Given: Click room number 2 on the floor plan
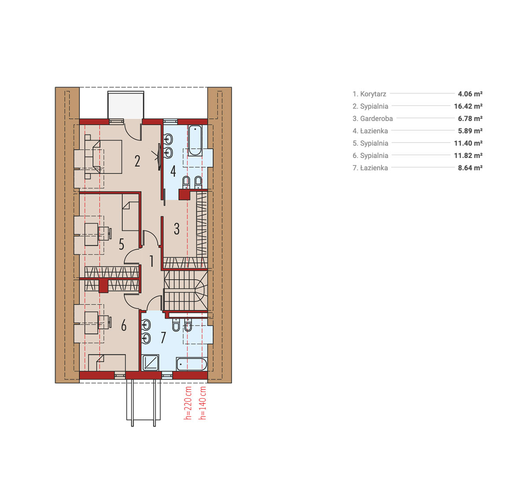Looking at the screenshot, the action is (x=137, y=161).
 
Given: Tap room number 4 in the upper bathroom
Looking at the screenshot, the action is (x=173, y=171).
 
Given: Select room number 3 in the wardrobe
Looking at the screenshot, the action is (x=176, y=229).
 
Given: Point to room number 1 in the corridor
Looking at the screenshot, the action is (x=152, y=261).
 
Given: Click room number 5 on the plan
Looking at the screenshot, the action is (x=121, y=244).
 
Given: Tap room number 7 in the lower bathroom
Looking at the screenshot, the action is (x=163, y=337).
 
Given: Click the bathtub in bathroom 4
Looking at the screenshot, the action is (x=195, y=141).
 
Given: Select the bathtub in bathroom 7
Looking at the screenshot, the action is (x=191, y=364).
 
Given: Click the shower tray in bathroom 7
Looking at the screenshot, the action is (x=150, y=363).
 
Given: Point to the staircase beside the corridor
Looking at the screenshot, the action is (x=186, y=290).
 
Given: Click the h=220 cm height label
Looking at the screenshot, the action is (x=188, y=403).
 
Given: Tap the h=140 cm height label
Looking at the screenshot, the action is (x=203, y=403).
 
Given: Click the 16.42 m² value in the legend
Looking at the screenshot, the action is (x=468, y=106).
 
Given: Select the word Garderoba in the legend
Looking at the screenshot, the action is (x=376, y=118).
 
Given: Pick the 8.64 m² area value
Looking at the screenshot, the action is (x=470, y=168).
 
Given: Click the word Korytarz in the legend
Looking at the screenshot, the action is (x=373, y=94).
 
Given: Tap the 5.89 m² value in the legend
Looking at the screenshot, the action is (x=470, y=131).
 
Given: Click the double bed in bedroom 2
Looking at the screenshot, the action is (x=107, y=157).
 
